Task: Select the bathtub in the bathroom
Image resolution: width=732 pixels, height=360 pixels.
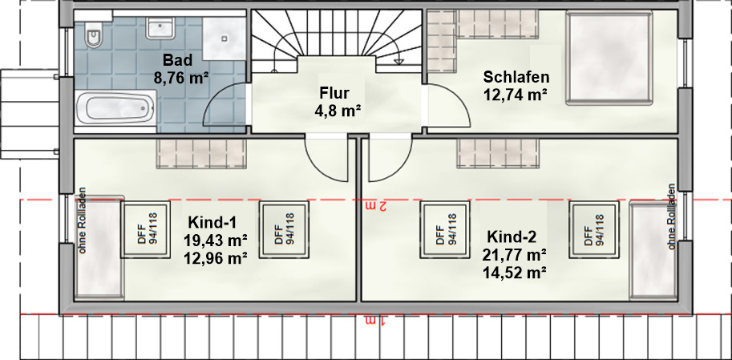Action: [115, 108]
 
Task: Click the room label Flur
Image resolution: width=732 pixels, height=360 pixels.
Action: [334, 93]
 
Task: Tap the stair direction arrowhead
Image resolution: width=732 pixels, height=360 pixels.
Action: [399, 61]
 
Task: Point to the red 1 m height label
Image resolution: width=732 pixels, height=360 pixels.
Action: [376, 321]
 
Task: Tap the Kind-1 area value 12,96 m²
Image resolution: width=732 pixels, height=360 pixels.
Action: [216, 257]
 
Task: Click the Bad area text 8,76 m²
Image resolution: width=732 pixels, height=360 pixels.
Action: [180, 78]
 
